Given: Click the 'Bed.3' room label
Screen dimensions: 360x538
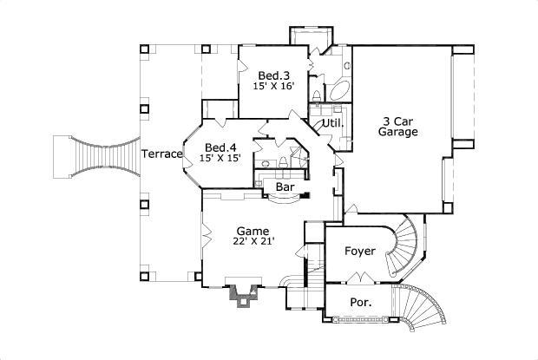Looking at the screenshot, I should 273,76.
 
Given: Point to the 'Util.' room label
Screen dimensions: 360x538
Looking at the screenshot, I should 332,123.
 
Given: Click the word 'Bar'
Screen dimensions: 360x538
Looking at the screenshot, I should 284,187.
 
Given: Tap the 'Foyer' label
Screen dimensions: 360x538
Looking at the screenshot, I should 359,252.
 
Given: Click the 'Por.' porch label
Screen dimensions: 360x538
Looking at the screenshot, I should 361,303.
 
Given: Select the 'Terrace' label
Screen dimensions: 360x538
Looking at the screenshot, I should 161,154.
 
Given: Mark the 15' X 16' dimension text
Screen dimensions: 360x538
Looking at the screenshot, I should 273,88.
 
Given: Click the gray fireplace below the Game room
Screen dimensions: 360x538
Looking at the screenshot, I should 240,295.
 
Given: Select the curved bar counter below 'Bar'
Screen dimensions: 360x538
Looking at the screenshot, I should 283,199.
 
